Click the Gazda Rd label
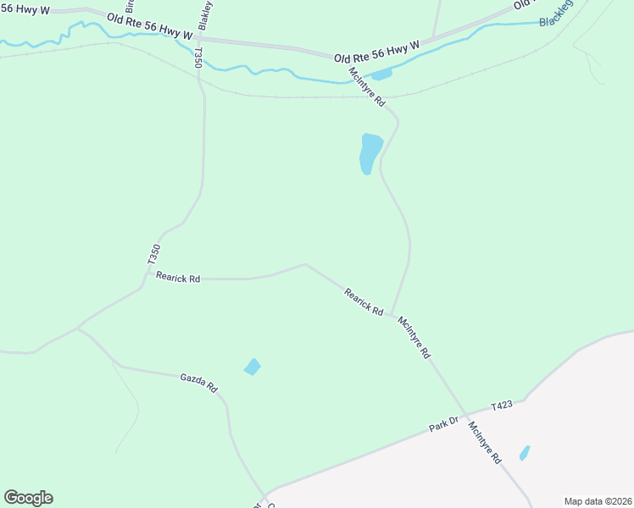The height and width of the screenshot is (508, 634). (198, 383)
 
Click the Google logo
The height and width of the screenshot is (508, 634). (28, 498)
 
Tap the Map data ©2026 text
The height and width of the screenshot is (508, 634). (598, 501)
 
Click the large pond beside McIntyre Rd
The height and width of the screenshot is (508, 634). (370, 152)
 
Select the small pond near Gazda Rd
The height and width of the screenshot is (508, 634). (252, 367)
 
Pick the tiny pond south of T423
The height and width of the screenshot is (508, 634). (525, 453)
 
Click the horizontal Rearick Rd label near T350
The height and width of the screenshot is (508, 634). (178, 278)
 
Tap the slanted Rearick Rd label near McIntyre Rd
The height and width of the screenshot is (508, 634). (364, 301)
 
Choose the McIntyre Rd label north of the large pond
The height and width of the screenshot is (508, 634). (367, 87)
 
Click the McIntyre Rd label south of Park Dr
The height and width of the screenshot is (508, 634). (486, 443)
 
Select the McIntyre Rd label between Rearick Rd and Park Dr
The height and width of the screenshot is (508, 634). (414, 338)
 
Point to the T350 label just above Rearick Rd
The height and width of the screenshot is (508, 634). (153, 257)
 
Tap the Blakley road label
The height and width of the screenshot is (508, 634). (204, 16)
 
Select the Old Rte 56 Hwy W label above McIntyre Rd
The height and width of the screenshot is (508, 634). (376, 51)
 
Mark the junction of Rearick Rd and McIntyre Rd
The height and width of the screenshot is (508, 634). (392, 315)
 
